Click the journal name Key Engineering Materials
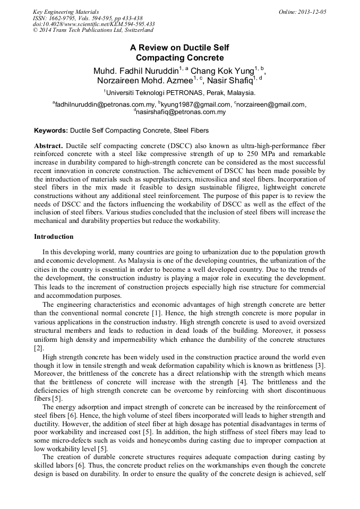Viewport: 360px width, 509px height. (65, 12)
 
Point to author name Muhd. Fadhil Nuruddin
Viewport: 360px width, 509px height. (135, 71)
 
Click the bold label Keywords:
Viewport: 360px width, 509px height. (51, 130)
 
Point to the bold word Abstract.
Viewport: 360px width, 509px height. (49, 145)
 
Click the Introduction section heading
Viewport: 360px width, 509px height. (54, 237)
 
